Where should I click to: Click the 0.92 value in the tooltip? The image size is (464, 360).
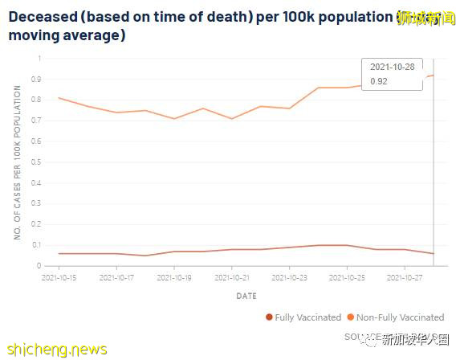coord(378,81)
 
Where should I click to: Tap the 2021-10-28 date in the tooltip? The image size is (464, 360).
coord(393,67)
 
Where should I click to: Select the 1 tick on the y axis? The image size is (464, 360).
coord(38,59)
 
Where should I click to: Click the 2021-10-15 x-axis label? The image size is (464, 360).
coord(59,277)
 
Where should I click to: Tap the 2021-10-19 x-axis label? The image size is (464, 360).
coord(174,277)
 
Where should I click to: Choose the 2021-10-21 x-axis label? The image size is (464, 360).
coord(232,277)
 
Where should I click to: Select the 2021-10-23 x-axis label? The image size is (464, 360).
coord(289,277)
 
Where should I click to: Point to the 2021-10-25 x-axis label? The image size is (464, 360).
coord(347,277)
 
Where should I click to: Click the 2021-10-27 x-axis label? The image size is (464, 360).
coord(405,277)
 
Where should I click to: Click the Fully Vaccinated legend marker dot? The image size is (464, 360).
coord(269,317)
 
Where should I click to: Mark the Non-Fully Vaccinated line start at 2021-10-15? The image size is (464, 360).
coord(59,98)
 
